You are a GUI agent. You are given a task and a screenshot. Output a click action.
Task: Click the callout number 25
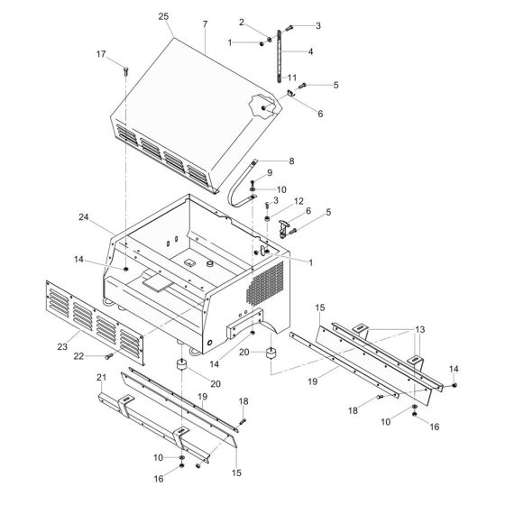point(163,17)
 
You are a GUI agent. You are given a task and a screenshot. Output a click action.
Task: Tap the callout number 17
point(126,54)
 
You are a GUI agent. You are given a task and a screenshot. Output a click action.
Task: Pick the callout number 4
point(310,51)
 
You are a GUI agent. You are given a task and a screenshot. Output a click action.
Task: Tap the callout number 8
point(291,161)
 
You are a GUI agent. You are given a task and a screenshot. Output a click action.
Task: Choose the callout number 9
point(269,172)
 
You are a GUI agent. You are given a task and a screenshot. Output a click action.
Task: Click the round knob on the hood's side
point(263,107)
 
